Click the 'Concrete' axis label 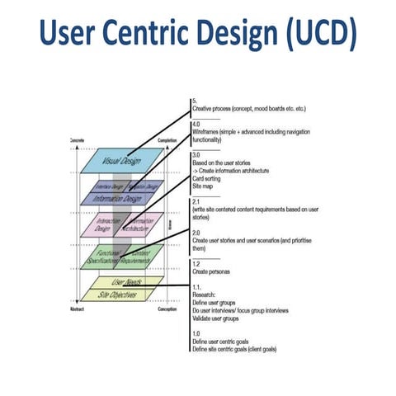(77, 141)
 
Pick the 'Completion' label (167, 141)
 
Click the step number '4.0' (195, 124)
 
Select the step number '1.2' (195, 262)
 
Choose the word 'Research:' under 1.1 (205, 293)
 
